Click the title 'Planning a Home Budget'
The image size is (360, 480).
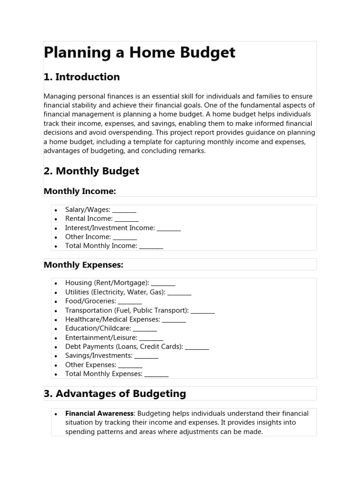(x=139, y=53)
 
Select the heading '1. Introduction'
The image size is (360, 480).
(x=82, y=77)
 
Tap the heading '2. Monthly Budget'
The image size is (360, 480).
(x=91, y=171)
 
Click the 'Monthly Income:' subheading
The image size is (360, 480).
(x=79, y=191)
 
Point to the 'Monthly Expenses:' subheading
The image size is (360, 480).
(x=83, y=265)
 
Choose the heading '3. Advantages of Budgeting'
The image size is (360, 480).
(x=115, y=394)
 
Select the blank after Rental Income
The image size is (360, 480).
(x=127, y=219)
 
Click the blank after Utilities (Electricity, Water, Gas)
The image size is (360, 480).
(x=179, y=293)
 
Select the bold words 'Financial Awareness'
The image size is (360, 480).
(x=99, y=413)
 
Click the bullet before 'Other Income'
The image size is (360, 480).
(x=56, y=237)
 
